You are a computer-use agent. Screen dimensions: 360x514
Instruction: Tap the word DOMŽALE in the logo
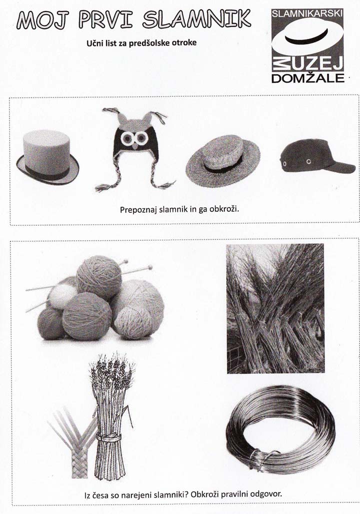pyautogui.click(x=308, y=78)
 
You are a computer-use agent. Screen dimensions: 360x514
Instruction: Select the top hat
pyautogui.click(x=48, y=157)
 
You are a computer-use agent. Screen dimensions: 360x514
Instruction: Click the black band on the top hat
pyautogui.click(x=48, y=173)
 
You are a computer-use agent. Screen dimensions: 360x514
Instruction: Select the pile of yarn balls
pyautogui.click(x=95, y=299)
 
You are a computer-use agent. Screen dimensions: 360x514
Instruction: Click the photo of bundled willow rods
pyautogui.click(x=275, y=309)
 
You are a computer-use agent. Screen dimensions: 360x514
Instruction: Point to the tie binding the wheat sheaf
pyautogui.click(x=109, y=438)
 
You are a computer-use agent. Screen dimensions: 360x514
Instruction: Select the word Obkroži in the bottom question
pyautogui.click(x=208, y=494)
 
